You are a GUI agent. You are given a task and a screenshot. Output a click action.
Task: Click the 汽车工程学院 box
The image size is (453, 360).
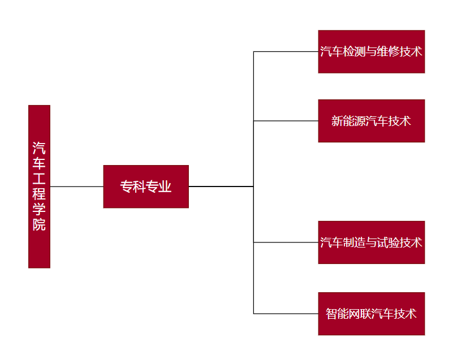[x=39, y=186]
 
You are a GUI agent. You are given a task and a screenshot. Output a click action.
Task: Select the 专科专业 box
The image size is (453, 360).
[x=145, y=186]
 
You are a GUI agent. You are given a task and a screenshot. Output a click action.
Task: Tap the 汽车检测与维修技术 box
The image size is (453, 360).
[x=371, y=51]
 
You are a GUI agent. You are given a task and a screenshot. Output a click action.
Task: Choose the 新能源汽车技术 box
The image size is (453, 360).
[x=371, y=121]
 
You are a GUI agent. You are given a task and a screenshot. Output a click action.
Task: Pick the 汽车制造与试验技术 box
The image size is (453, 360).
[x=371, y=242]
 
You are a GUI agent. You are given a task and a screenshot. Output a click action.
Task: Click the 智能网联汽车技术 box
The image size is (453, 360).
[x=371, y=314]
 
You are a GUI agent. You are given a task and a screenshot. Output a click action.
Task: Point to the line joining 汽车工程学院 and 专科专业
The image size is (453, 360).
[x=76, y=186]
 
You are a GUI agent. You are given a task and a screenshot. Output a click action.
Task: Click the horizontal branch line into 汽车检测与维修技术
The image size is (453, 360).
[x=286, y=51]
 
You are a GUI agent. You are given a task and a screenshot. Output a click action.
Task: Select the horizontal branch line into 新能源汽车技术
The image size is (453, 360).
[x=286, y=121]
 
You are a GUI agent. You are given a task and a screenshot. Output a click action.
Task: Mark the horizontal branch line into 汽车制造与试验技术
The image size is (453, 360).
[x=286, y=242]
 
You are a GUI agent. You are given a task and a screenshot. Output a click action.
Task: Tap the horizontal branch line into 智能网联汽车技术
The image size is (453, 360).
[x=286, y=314]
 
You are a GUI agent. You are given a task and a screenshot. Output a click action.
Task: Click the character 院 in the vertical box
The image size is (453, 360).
[x=39, y=224]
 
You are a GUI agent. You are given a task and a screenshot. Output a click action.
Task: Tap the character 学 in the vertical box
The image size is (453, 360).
[x=39, y=209]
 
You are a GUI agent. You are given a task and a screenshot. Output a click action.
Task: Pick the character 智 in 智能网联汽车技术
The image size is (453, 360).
[x=331, y=314]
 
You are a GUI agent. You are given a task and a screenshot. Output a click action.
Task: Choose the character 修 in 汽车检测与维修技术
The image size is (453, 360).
[x=394, y=51]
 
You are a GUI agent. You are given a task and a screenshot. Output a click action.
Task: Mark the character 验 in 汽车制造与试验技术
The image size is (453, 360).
[x=394, y=242]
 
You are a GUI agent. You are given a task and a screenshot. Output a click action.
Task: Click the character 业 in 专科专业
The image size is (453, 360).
[x=165, y=186]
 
